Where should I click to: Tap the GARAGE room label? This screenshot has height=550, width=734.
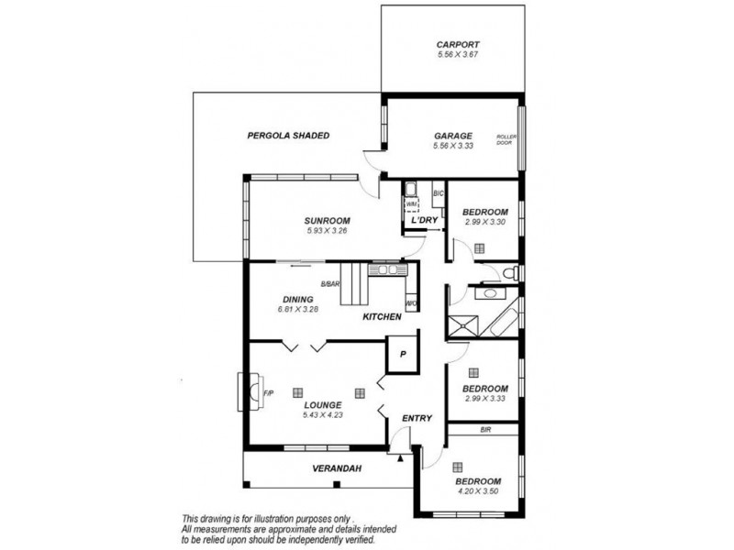[452, 134]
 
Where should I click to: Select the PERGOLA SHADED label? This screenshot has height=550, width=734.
[288, 136]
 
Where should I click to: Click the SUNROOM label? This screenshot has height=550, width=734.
[328, 220]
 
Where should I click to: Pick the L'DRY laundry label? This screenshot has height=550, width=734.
[424, 221]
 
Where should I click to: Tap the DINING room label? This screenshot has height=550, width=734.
[298, 299]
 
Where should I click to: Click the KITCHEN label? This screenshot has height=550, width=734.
[382, 316]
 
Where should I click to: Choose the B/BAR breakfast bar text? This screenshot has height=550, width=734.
[329, 283]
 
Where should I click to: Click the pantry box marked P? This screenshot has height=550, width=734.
[402, 354]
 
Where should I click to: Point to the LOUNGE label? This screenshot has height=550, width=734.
[322, 404]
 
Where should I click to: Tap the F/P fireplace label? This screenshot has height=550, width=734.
[268, 394]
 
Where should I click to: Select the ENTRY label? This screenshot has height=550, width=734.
[417, 419]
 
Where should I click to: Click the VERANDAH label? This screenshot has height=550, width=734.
[337, 469]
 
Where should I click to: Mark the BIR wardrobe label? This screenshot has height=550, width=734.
[485, 429]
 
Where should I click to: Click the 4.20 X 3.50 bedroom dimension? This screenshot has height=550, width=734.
[478, 492]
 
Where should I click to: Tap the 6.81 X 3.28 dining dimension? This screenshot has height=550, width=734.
[298, 310]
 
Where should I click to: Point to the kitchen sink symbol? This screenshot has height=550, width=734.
[386, 269]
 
